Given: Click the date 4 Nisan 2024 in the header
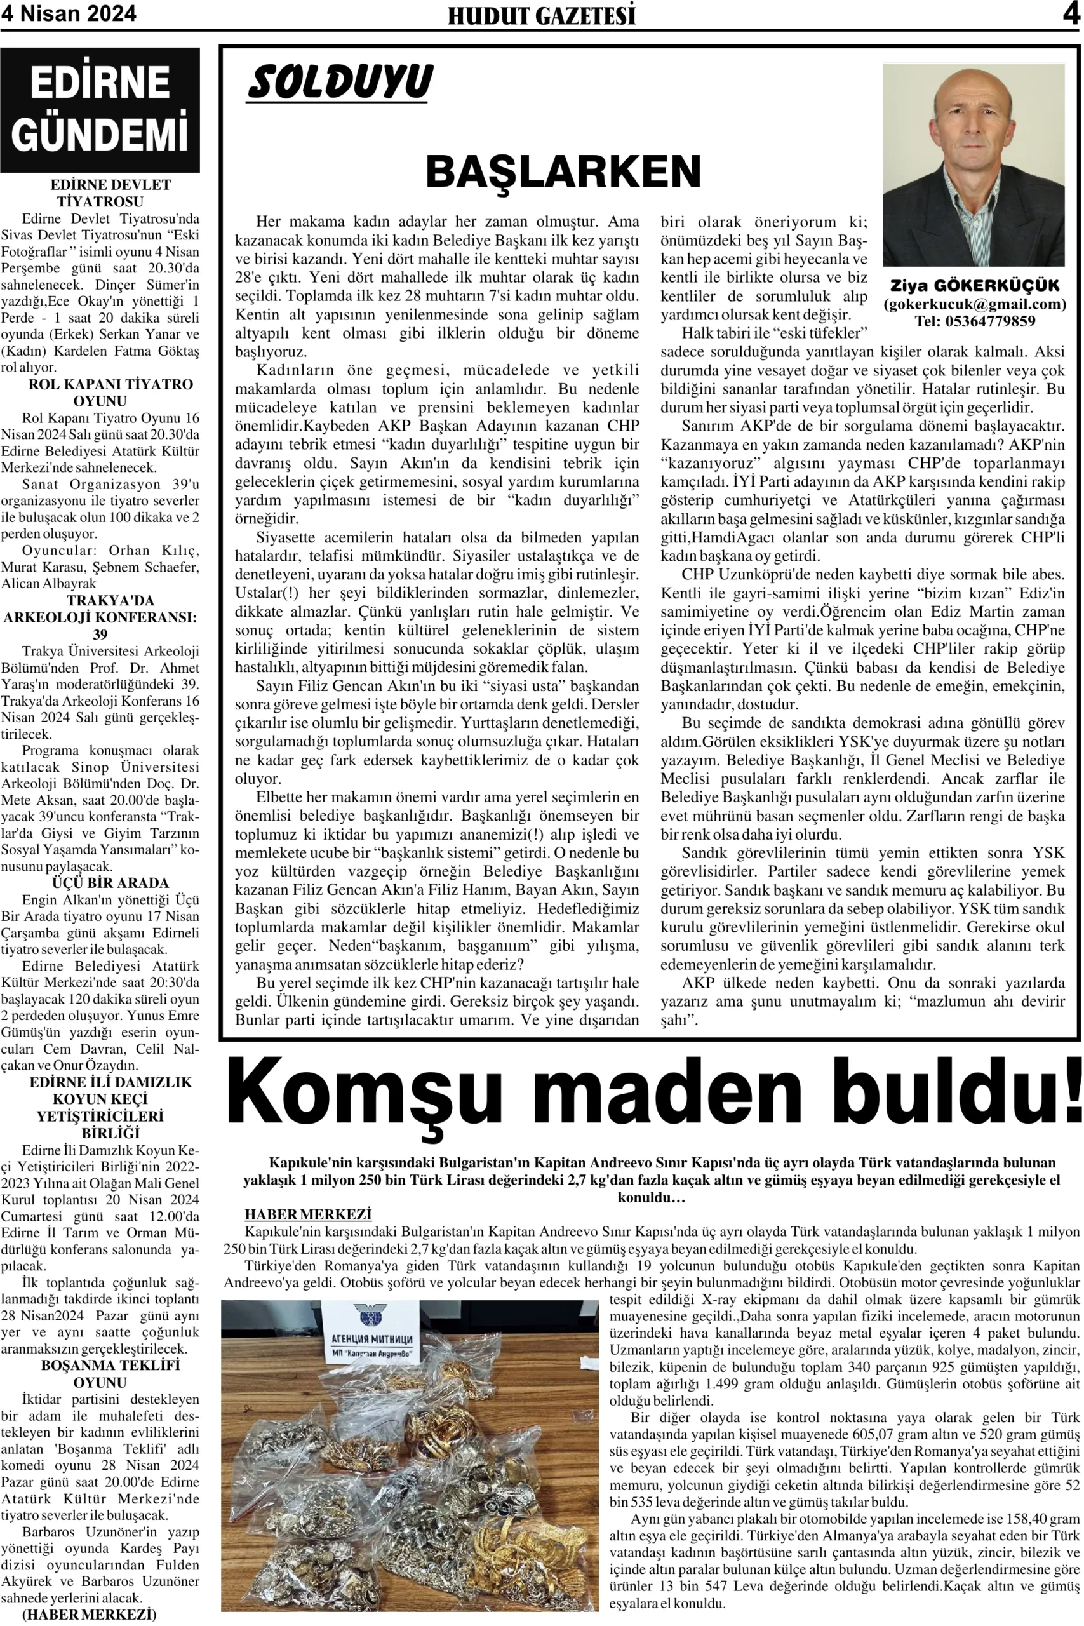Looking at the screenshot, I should [69, 13].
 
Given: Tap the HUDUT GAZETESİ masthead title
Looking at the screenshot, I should [541, 15].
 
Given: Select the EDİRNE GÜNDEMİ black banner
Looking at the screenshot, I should [100, 109].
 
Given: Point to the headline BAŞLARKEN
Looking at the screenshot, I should [563, 171].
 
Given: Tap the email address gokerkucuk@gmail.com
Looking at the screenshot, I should [975, 304].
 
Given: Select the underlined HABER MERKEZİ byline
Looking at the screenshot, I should [307, 1214].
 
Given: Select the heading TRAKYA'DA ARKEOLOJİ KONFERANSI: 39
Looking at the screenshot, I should [100, 617].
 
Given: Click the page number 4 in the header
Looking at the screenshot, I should [1071, 13].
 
